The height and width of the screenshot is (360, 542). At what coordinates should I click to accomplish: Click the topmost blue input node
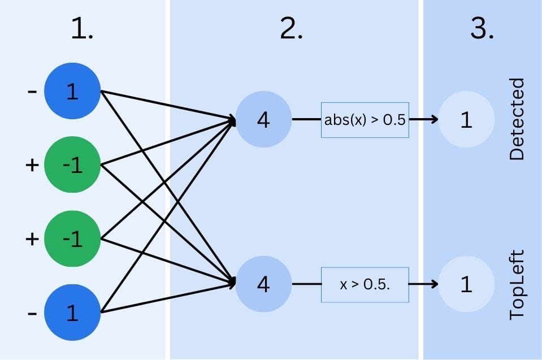click(x=72, y=92)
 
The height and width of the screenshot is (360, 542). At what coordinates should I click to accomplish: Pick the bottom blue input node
click(x=72, y=313)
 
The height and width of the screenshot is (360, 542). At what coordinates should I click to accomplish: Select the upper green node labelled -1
click(x=72, y=165)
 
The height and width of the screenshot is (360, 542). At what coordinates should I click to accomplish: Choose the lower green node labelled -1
click(x=72, y=238)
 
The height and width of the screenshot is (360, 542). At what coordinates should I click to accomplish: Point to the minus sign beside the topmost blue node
click(x=32, y=91)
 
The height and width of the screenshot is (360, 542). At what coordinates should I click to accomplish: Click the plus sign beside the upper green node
click(x=32, y=164)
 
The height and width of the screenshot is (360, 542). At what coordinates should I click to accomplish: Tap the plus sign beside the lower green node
click(x=32, y=238)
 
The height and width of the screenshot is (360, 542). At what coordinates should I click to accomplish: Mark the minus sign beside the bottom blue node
click(x=32, y=313)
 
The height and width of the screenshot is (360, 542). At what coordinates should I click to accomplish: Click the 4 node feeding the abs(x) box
click(x=263, y=120)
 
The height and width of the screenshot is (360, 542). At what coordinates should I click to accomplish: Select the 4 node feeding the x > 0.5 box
click(x=263, y=284)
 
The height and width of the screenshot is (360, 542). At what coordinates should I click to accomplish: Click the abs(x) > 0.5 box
click(x=365, y=120)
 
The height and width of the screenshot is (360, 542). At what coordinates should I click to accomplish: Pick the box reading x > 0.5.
click(x=365, y=284)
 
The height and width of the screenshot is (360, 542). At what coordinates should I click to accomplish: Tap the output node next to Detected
click(x=466, y=120)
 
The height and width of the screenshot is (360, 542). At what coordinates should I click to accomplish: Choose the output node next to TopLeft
click(x=466, y=284)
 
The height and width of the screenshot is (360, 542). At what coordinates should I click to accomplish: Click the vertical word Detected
click(x=517, y=119)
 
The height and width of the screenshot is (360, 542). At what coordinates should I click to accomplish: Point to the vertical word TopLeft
click(x=517, y=284)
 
